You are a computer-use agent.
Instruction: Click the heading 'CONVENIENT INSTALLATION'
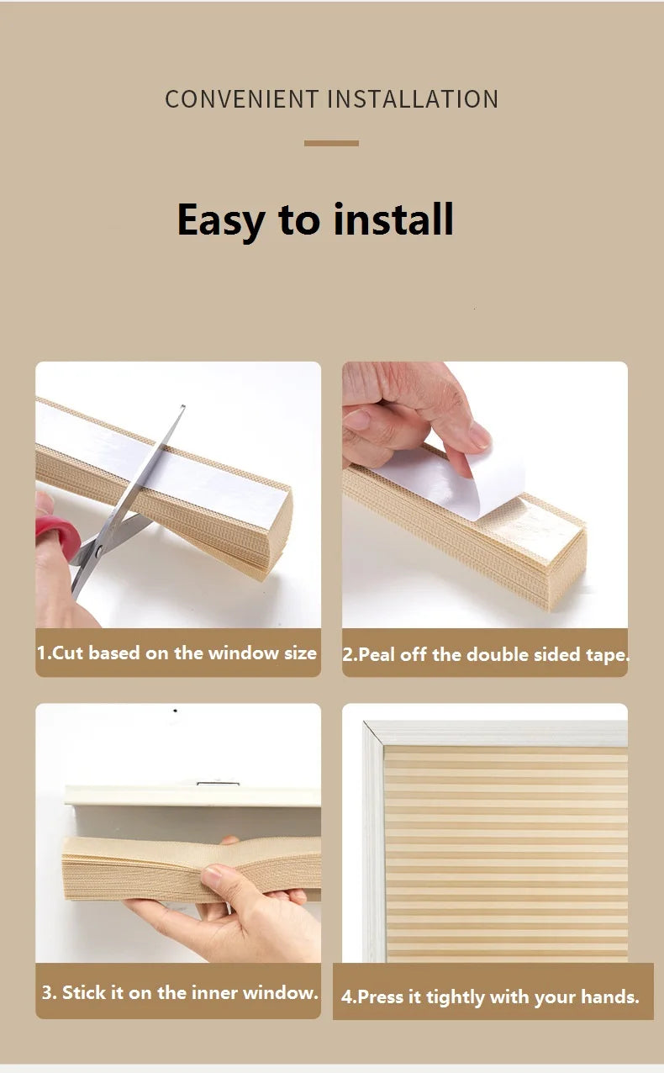pyautogui.click(x=331, y=99)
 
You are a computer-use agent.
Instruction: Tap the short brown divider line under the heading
pyautogui.click(x=331, y=144)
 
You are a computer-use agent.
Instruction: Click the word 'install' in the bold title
pyautogui.click(x=393, y=220)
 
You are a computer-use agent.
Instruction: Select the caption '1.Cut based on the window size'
pyautogui.click(x=177, y=653)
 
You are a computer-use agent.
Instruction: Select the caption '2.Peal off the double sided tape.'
pyautogui.click(x=485, y=655)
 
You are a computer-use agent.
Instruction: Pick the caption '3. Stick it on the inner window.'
pyautogui.click(x=180, y=992)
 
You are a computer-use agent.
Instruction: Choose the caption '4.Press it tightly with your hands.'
pyautogui.click(x=490, y=997)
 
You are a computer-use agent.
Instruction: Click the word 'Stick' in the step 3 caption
pyautogui.click(x=83, y=992)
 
